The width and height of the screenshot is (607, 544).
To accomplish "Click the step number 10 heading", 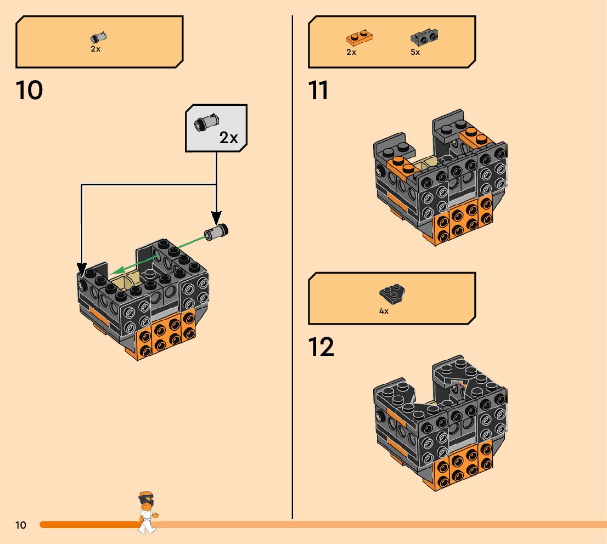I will click(x=30, y=90).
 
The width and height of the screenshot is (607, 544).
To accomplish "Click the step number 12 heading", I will click(x=321, y=347).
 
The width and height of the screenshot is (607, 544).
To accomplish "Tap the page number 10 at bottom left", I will click(x=20, y=525).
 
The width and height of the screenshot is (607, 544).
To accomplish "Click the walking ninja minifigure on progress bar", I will click(x=147, y=512).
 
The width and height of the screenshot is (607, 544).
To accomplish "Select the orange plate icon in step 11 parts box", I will click(x=359, y=38).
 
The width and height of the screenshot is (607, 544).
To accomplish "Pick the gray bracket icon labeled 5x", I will click(x=424, y=38).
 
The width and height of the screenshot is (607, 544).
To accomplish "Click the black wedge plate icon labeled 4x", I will click(x=391, y=294).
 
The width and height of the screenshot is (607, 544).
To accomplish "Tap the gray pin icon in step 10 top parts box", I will click(x=98, y=37).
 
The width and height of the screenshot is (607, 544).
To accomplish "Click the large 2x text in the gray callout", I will click(x=228, y=137).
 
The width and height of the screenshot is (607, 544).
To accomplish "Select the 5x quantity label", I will click(x=415, y=53).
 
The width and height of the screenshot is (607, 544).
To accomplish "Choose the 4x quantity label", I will click(x=384, y=311).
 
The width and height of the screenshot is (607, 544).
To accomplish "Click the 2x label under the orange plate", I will click(x=351, y=53).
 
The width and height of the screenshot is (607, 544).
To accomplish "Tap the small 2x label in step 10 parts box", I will click(x=95, y=49).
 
